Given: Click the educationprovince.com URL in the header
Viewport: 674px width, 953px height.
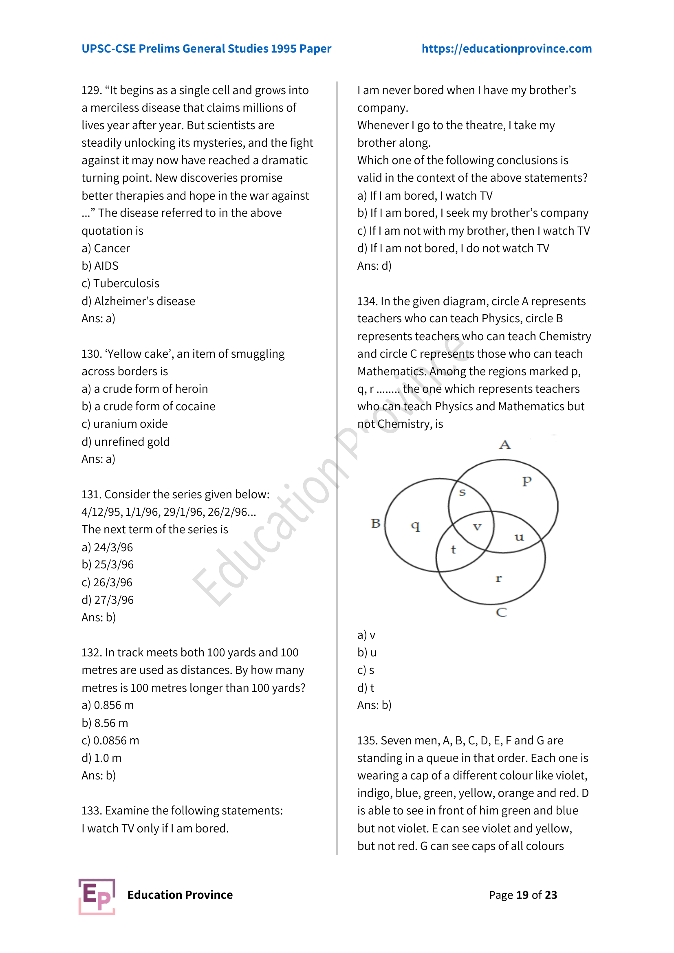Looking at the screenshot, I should tap(507, 48).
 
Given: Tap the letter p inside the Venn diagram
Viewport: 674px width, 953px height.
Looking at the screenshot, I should tap(526, 482).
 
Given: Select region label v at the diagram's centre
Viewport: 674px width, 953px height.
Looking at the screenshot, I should tap(477, 527).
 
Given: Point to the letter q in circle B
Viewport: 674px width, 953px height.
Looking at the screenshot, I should tap(415, 526).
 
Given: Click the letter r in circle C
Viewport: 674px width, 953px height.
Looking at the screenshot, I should tap(498, 579).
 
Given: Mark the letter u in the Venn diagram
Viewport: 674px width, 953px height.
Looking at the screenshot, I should tap(519, 537).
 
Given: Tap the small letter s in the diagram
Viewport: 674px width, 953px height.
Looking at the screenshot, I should tap(463, 493).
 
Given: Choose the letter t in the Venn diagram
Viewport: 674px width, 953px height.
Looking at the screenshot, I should tap(453, 550).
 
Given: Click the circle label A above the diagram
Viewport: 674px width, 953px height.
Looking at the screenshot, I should tap(504, 445).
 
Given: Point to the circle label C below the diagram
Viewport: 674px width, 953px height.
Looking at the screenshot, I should tap(501, 612).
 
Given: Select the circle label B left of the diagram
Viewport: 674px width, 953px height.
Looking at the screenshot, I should tap(376, 524).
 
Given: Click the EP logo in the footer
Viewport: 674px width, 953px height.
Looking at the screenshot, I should tap(97, 896).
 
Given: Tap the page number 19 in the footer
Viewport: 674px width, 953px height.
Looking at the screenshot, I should tap(522, 895).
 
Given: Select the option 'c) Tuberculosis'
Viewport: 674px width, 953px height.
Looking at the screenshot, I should tap(120, 284).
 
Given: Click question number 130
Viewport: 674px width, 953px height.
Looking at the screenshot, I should tap(90, 354).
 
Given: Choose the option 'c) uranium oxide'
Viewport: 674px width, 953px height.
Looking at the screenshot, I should tap(125, 424).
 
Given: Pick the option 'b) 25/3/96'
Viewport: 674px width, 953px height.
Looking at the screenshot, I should tap(108, 565).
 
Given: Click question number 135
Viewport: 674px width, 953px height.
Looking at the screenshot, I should tap(366, 740).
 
